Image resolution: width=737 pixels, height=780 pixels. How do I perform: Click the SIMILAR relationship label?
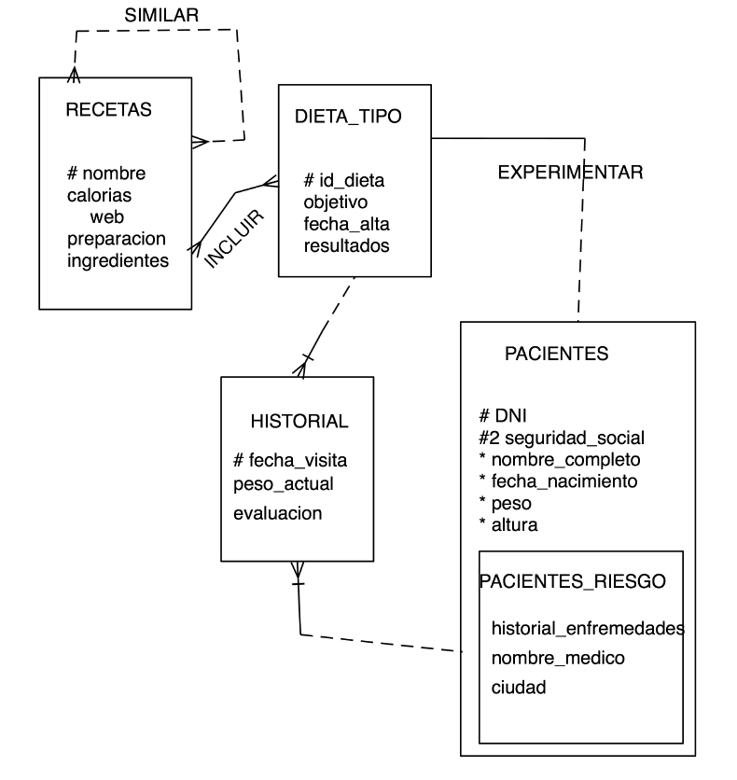[x=161, y=16]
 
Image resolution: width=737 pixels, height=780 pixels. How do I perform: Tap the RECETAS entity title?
[x=109, y=109]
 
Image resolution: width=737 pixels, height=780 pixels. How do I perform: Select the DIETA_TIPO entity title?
[x=348, y=117]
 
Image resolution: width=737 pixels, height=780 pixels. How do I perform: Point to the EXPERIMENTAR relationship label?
[x=570, y=172]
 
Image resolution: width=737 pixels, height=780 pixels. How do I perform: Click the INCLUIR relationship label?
[x=234, y=239]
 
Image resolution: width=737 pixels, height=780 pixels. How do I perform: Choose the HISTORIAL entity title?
[x=299, y=422]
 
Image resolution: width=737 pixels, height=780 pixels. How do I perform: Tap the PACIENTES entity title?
[x=556, y=354]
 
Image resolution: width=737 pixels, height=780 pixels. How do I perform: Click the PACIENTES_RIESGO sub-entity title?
[x=573, y=581]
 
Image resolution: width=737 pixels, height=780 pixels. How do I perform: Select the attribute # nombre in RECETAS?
[x=106, y=174]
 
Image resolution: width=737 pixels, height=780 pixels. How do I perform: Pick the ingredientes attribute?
[x=118, y=260]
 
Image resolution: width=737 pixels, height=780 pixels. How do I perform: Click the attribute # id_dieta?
[x=344, y=180]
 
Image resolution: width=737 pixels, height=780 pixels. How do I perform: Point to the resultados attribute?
[x=347, y=245]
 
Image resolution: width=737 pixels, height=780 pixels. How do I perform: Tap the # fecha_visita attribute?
[x=290, y=461]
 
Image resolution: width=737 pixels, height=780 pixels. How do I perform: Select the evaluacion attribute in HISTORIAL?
[x=277, y=513]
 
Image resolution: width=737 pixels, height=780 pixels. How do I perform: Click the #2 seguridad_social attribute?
[x=562, y=438]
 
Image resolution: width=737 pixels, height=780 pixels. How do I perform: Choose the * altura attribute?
[x=508, y=524]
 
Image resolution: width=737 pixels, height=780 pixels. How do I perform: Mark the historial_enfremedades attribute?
[x=588, y=628]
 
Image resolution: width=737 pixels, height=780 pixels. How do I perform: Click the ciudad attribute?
[x=519, y=688]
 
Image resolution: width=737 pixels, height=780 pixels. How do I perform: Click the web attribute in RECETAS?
[x=107, y=216]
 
